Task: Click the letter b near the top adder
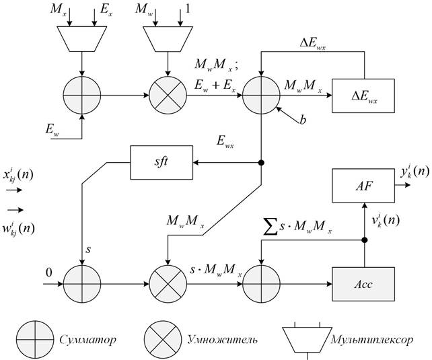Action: tap(303, 121)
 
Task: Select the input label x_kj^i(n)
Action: tap(20, 176)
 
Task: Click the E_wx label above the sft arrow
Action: tap(225, 143)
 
